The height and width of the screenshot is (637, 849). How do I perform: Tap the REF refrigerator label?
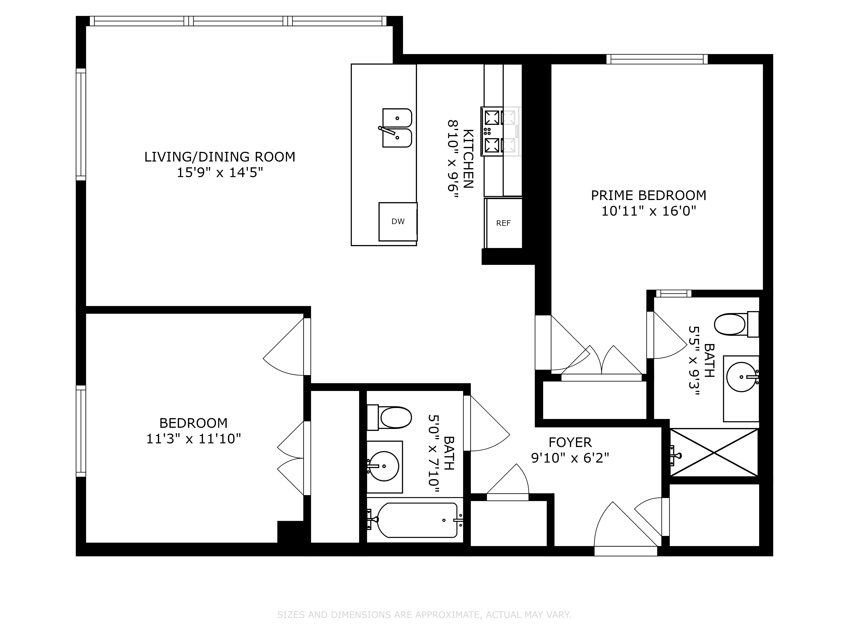[503, 223]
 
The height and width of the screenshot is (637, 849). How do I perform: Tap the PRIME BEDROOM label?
[648, 195]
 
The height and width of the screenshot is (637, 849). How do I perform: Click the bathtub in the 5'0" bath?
[417, 520]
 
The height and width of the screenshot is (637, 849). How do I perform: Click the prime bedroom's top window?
[657, 59]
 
